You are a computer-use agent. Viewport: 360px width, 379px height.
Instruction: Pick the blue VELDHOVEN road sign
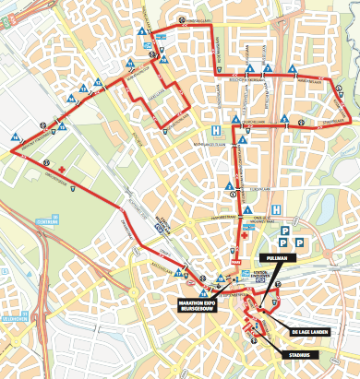(x=13, y=320)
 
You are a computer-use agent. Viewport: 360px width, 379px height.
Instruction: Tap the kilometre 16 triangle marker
(x=16, y=138)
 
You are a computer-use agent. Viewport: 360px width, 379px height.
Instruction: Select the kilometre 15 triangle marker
(x=62, y=123)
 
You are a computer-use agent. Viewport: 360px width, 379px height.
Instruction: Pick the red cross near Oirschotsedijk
(x=60, y=172)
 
